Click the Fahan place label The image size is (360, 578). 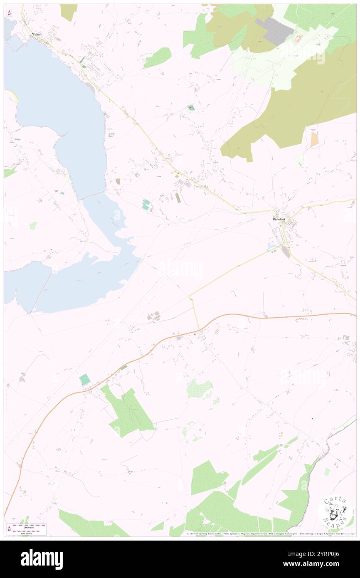pos(37,35)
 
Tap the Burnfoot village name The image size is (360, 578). pos(279,219)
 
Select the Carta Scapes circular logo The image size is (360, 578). pos(335,512)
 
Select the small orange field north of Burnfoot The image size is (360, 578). pos(314,139)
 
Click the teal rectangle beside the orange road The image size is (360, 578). pos(84,379)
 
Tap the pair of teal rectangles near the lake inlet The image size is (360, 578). pos(146,204)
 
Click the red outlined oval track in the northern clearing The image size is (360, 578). pos(298,39)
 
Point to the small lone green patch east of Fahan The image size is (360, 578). pos(158,57)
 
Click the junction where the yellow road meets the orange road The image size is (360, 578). pos(198,331)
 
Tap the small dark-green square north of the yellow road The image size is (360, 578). pos(191,107)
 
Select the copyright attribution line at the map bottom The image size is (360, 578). pos(270,534)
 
